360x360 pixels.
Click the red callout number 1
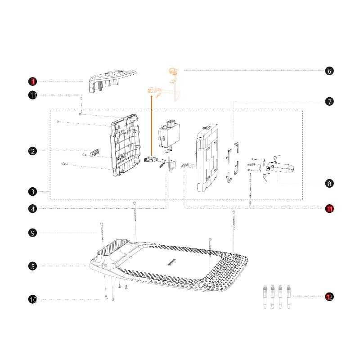point(32,81)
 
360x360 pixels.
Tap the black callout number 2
point(32,151)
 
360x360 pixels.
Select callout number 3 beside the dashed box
point(32,192)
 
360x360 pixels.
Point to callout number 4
point(32,209)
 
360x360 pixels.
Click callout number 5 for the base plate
point(32,266)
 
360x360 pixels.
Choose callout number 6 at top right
point(329,71)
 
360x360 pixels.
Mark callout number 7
point(329,102)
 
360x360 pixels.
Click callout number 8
point(329,184)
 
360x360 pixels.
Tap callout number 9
point(32,233)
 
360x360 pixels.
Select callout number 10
point(32,299)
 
